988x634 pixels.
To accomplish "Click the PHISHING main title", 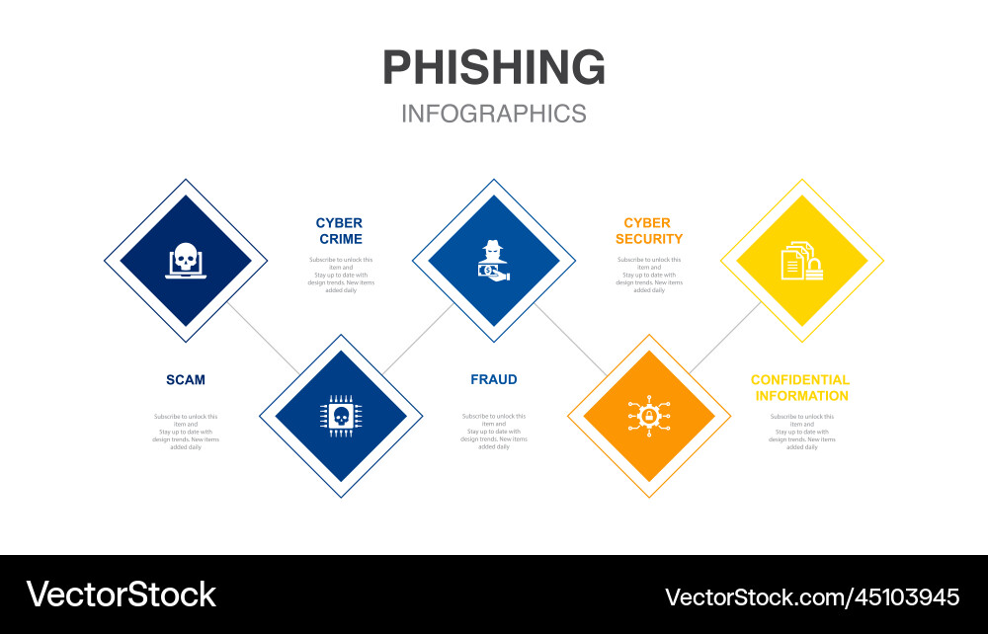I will [494, 67].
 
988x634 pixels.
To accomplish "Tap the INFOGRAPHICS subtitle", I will [494, 114].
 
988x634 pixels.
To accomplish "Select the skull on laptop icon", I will [186, 261].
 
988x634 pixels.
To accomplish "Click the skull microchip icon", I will [341, 416].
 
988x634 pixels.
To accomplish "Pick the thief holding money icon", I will [494, 261].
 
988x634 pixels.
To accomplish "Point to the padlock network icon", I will [648, 416].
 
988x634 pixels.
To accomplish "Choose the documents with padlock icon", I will [801, 261].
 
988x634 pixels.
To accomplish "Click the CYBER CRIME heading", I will [339, 231].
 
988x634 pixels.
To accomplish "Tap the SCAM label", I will [186, 380].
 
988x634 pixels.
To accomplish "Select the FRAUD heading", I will [494, 380].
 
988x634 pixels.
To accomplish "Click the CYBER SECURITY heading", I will [648, 231].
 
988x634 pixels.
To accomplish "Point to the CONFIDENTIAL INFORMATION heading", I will [800, 388].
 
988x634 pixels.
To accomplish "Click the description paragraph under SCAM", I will [186, 432].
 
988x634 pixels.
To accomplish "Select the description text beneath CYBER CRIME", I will [339, 275].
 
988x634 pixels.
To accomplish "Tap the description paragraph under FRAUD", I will [494, 432].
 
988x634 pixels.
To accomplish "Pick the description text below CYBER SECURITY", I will [648, 275].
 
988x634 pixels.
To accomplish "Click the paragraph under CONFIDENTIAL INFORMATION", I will [801, 432].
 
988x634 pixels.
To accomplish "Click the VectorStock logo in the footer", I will [121, 594].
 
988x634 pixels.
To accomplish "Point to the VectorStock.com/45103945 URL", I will [812, 596].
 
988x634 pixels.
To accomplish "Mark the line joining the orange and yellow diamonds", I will [724, 338].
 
